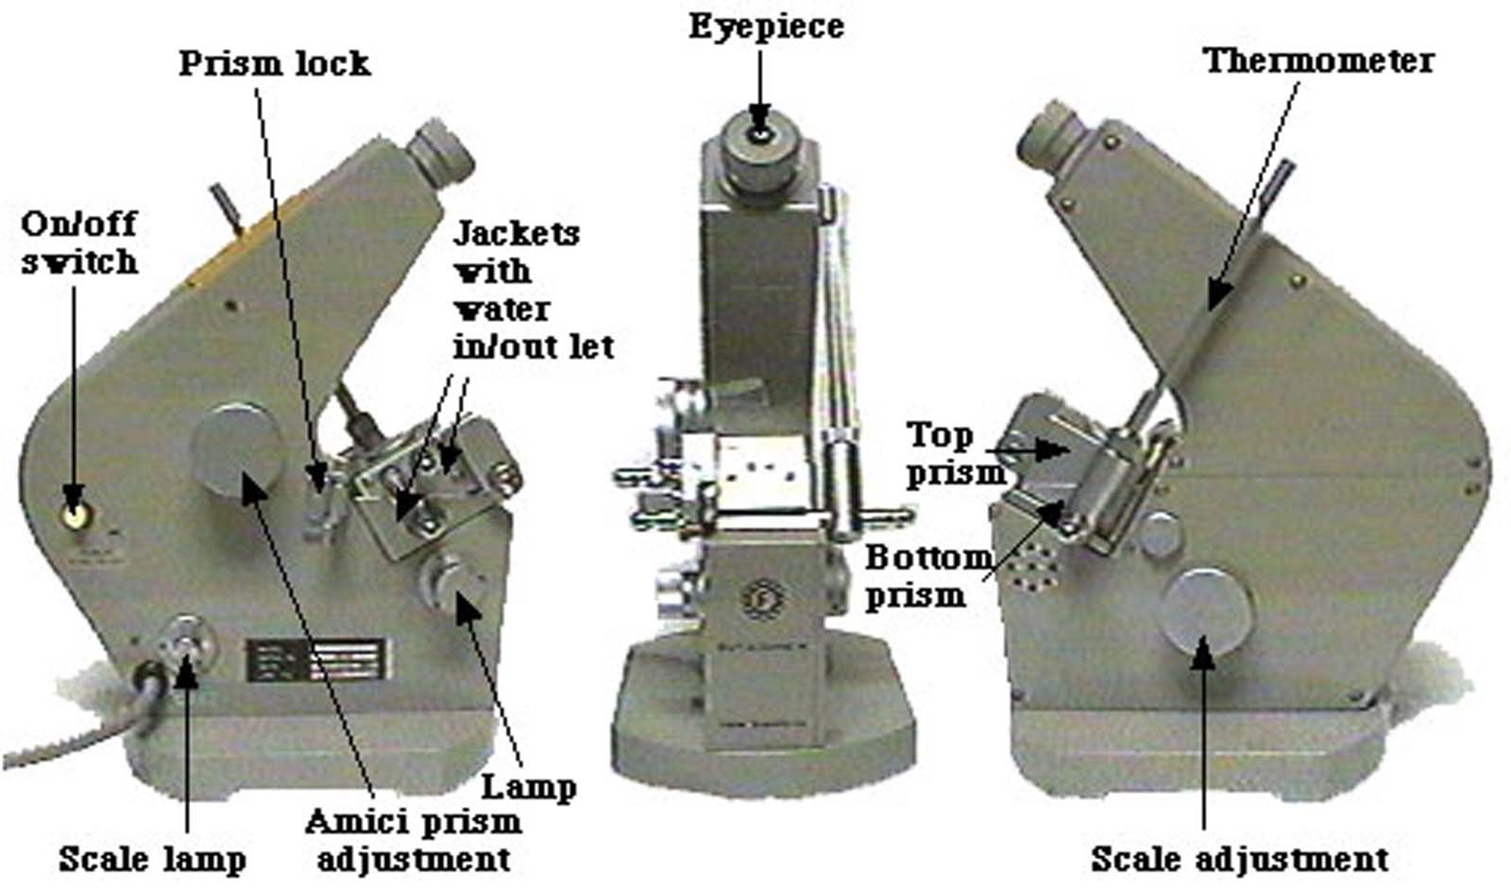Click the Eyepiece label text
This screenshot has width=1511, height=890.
(766, 27)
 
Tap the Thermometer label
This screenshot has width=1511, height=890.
(1318, 61)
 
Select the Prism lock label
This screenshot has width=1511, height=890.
(275, 64)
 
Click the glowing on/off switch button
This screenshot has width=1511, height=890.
(75, 515)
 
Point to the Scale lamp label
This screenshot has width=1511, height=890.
(152, 860)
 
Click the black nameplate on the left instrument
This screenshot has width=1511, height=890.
(316, 660)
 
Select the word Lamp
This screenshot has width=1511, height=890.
(528, 787)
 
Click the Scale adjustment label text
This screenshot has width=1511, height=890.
(1240, 860)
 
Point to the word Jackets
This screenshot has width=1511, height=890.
(517, 234)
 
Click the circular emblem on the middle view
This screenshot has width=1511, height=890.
(761, 598)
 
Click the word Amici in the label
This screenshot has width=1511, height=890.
(357, 823)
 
